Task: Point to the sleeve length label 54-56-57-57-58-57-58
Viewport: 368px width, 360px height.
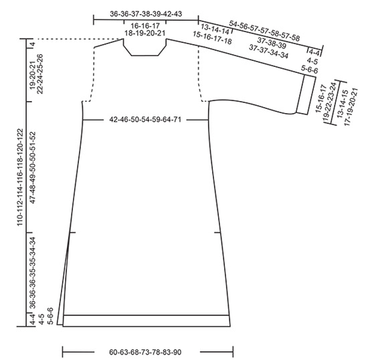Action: click(264, 31)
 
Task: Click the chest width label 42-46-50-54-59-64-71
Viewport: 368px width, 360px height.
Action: click(145, 120)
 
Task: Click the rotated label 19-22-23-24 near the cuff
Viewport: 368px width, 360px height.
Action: click(329, 100)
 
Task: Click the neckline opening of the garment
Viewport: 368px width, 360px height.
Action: click(145, 48)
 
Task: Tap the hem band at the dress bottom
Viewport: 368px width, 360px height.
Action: click(147, 321)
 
